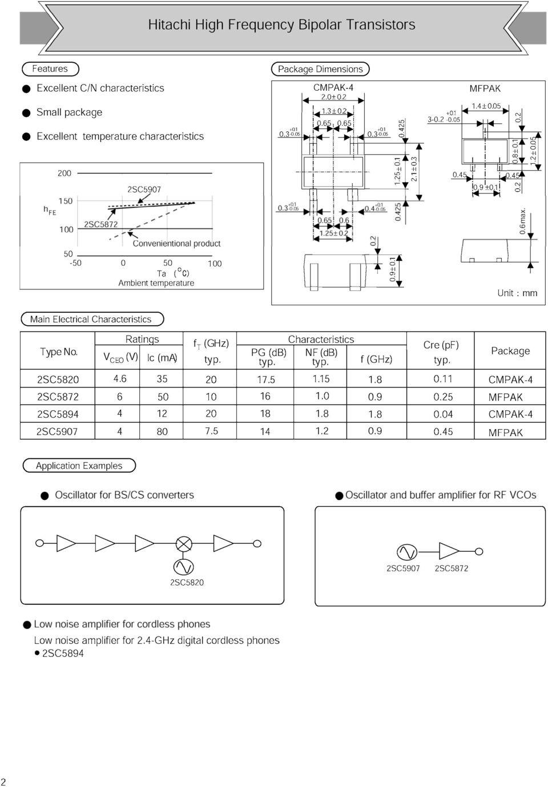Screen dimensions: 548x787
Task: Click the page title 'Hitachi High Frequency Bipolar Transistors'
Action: coord(281,25)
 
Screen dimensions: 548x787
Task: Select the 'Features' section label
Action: coord(50,68)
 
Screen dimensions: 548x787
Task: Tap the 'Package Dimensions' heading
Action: coord(320,69)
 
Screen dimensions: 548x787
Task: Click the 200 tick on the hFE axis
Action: coord(65,173)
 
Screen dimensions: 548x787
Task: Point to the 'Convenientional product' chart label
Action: coord(176,244)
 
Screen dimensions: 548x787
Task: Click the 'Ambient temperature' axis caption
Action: coord(156,283)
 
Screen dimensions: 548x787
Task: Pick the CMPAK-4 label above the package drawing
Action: coord(333,87)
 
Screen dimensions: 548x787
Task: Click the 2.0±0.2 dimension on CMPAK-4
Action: coord(333,96)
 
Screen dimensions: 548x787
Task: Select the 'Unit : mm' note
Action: coord(517,293)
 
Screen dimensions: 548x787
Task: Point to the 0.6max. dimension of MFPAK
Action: coord(522,221)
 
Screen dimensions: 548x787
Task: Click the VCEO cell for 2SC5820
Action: coord(120,379)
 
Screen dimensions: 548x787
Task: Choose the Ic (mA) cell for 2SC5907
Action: coord(162,431)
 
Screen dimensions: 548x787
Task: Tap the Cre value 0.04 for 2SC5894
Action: coord(443,414)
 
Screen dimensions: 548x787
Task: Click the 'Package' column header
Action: coord(510,350)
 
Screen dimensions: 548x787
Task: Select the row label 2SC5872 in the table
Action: coord(58,397)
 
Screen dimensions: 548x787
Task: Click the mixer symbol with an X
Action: coord(184,544)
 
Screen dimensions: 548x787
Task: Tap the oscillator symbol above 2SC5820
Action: coord(183,567)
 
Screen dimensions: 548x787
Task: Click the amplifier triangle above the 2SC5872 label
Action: coord(449,551)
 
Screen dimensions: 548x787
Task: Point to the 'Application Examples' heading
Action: coord(79,466)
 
